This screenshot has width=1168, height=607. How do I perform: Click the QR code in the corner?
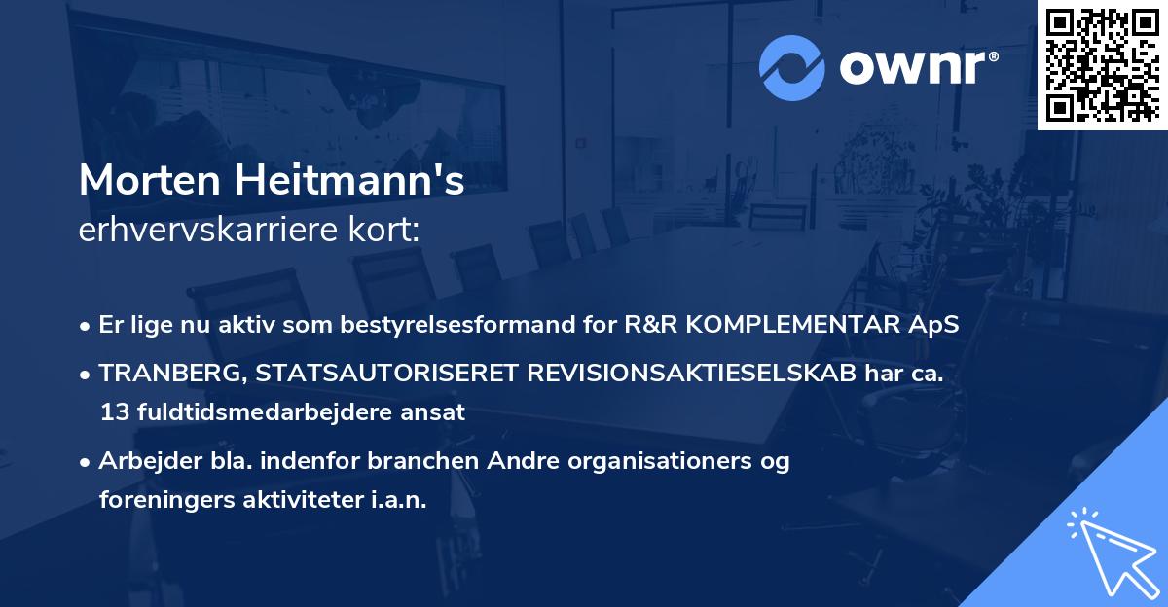click(1103, 64)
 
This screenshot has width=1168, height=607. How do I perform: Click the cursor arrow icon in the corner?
click(1108, 550)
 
